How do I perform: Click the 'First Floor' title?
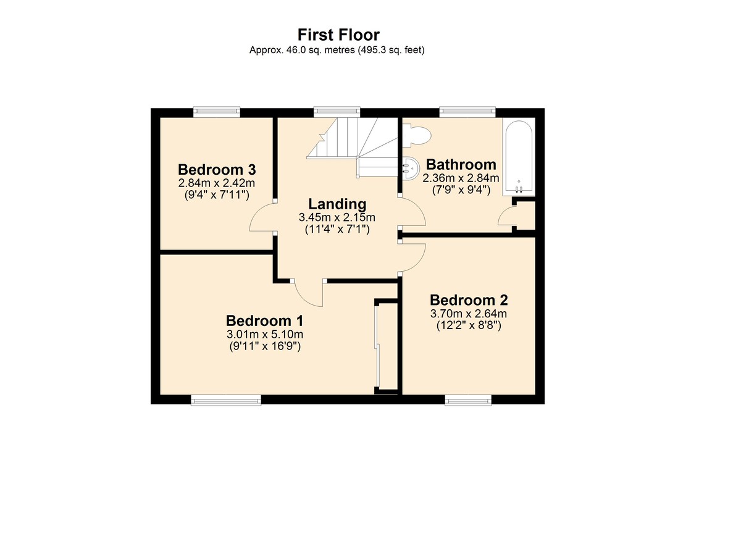click(x=338, y=35)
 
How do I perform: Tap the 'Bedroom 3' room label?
click(x=217, y=170)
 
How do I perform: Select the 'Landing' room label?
click(x=337, y=204)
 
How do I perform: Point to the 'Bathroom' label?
click(x=461, y=164)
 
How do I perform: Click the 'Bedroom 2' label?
click(x=469, y=300)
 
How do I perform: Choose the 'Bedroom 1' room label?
click(x=265, y=320)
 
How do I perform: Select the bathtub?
click(x=519, y=157)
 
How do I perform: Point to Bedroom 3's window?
click(x=217, y=112)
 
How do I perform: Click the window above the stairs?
click(x=337, y=112)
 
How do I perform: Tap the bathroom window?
click(x=467, y=112)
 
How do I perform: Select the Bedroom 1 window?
click(x=226, y=401)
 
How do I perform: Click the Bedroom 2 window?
click(x=468, y=401)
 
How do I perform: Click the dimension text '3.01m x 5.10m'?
click(x=265, y=334)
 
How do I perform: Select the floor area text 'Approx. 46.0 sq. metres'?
click(x=302, y=50)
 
